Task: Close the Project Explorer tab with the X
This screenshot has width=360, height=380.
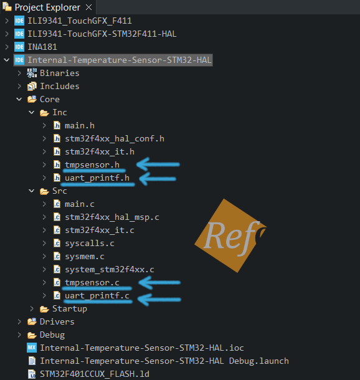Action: [x=89, y=7]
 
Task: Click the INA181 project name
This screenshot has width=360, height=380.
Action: [x=42, y=47]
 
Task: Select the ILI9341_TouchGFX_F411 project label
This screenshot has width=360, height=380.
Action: [x=80, y=21]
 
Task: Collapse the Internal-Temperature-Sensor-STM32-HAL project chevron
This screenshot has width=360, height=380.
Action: [x=7, y=60]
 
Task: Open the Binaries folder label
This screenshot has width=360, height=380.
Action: [x=60, y=73]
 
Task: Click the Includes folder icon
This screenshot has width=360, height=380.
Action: [x=32, y=86]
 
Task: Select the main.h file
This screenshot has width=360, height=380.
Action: [x=80, y=126]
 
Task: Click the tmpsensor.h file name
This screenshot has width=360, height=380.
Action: [x=92, y=165]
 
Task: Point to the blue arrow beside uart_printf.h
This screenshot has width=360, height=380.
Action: [x=158, y=179]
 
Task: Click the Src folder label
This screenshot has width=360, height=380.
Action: [x=60, y=191]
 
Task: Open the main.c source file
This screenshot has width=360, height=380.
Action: [x=80, y=204]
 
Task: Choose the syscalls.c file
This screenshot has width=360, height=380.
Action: [x=90, y=244]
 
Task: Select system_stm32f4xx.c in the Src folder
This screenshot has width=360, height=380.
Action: [x=110, y=270]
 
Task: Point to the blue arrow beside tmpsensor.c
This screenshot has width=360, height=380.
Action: [x=159, y=283]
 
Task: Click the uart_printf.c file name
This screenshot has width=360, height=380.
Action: [x=97, y=296]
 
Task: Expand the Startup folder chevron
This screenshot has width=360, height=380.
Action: [x=32, y=308]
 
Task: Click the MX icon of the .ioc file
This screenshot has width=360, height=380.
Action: [x=32, y=348]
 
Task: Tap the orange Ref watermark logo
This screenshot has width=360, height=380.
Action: [x=230, y=236]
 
